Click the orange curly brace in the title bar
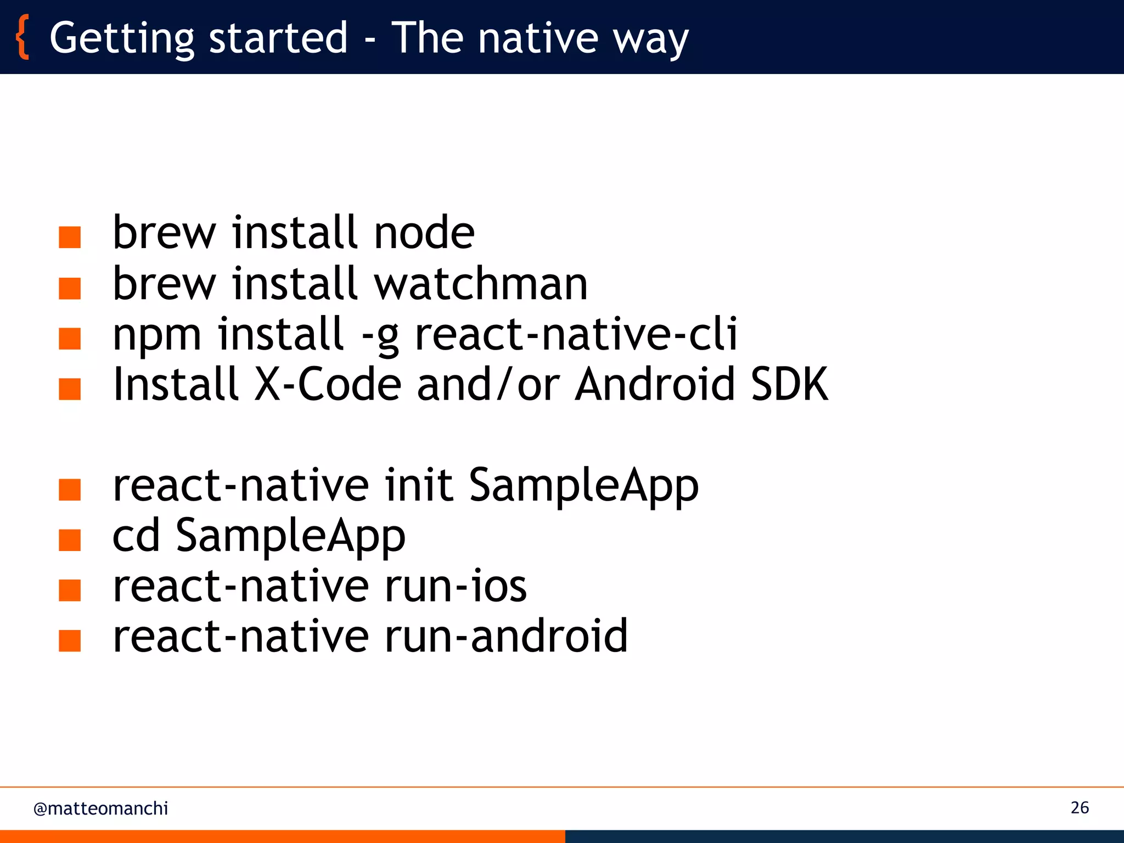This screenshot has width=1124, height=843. pos(22,37)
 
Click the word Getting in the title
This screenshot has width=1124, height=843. pos(122,38)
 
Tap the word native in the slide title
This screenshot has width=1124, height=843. pos(537,38)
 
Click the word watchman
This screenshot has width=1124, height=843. pos(481,284)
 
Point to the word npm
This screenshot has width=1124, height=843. pos(156,335)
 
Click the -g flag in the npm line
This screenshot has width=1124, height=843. pos(380,335)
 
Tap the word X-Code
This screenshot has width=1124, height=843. pos(328,384)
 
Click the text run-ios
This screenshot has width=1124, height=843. pos(456,586)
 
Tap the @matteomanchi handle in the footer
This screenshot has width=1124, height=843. pos(100,808)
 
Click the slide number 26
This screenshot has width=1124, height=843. pos(1080,808)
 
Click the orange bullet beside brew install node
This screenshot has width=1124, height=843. pos(70,238)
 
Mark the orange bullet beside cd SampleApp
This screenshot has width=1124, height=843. pos(70,540)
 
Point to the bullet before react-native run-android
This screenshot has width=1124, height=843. pos(70,640)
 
